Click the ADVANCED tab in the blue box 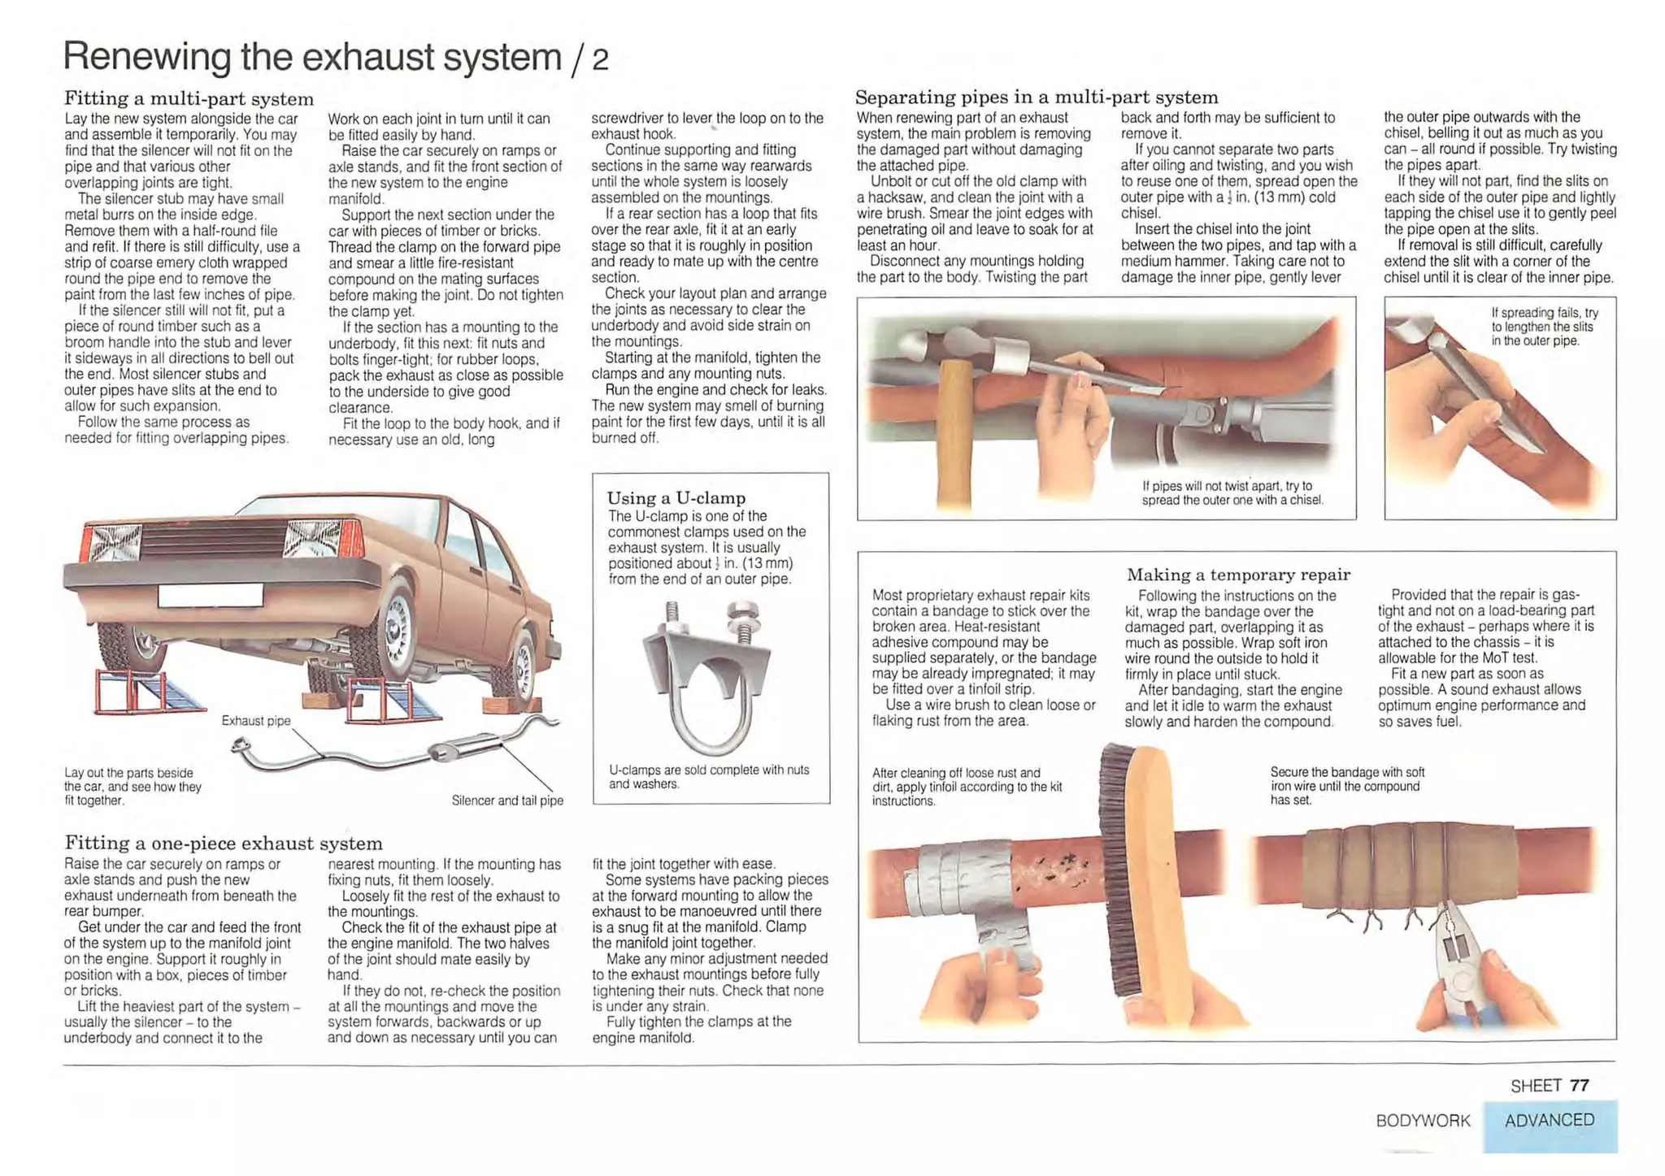coord(1549,1120)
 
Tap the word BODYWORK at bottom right coord(1423,1121)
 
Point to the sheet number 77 coord(1579,1085)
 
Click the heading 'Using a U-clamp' coord(676,498)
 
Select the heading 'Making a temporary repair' coord(1237,575)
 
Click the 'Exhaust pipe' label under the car coord(255,721)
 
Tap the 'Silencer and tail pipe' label coord(507,801)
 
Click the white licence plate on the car coord(211,595)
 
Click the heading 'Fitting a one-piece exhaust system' coord(223,843)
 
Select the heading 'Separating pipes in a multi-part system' coord(1036,98)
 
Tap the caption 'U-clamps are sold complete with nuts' coord(708,776)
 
